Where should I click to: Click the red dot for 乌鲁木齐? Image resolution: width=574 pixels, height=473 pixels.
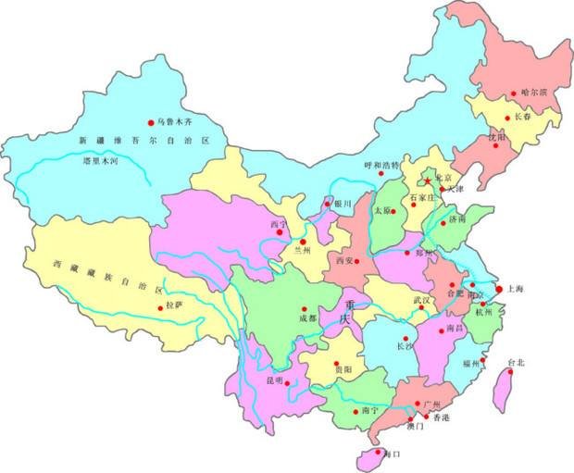point(151,122)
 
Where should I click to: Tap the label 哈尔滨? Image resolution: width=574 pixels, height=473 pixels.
point(534,93)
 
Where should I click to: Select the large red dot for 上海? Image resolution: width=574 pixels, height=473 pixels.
point(499,289)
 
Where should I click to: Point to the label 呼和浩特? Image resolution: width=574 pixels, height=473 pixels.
point(381,166)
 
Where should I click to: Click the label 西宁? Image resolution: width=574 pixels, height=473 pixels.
point(280,225)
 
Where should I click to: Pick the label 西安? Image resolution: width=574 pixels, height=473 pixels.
point(345,261)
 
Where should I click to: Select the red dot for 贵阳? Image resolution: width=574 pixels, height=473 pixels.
point(337,364)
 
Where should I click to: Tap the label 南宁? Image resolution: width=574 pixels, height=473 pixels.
point(370,409)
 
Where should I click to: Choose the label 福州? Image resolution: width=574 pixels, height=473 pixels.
point(471,363)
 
